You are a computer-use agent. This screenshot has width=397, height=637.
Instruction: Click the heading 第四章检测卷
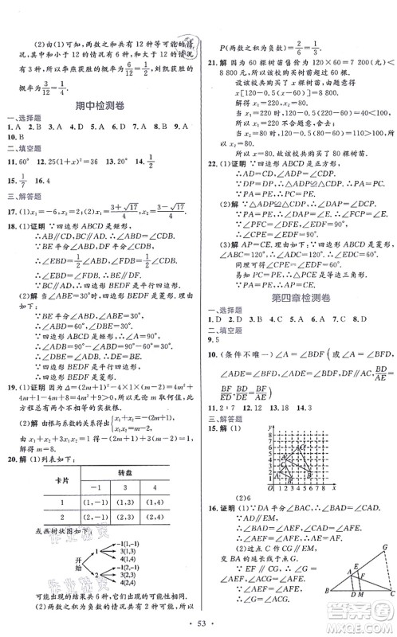click(x=296, y=298)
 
